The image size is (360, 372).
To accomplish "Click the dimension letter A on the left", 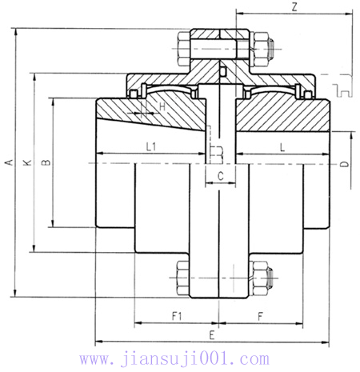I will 9,162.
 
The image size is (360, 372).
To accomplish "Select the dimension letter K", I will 27,162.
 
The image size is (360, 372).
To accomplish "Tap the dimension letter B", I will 46,162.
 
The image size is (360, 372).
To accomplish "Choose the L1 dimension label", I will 151,144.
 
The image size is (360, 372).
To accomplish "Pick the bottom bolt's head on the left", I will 179,278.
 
